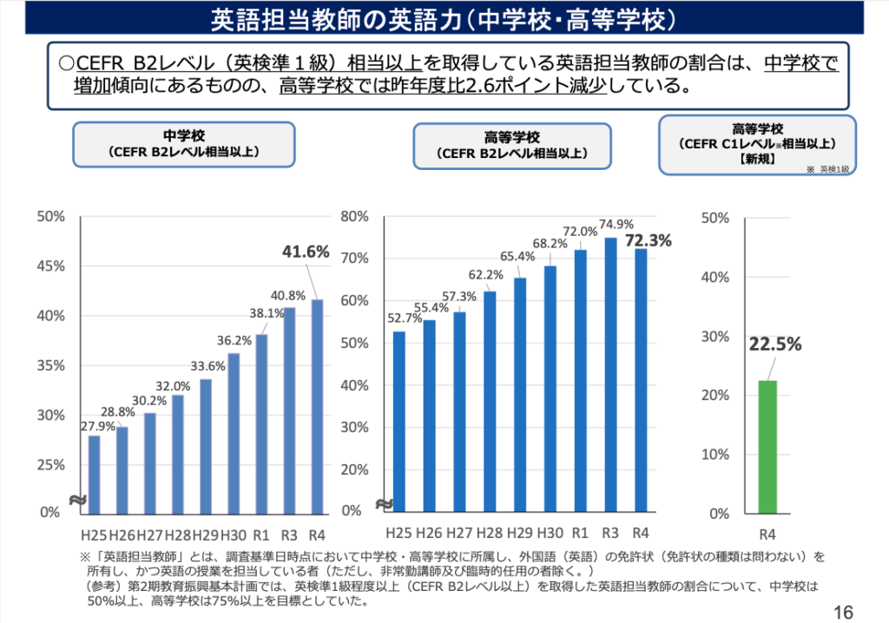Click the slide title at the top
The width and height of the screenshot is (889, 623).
444,17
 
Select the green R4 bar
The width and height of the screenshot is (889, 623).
767,447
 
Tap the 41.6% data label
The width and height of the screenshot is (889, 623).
306,252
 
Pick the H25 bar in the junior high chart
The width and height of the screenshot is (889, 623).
95,474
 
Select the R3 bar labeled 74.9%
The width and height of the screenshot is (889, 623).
610,375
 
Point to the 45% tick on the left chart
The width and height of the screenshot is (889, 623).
51,266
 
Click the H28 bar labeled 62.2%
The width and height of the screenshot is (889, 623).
490,402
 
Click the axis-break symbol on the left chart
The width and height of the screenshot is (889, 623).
76,501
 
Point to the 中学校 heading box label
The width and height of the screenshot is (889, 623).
184,136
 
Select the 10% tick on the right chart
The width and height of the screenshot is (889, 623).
714,454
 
